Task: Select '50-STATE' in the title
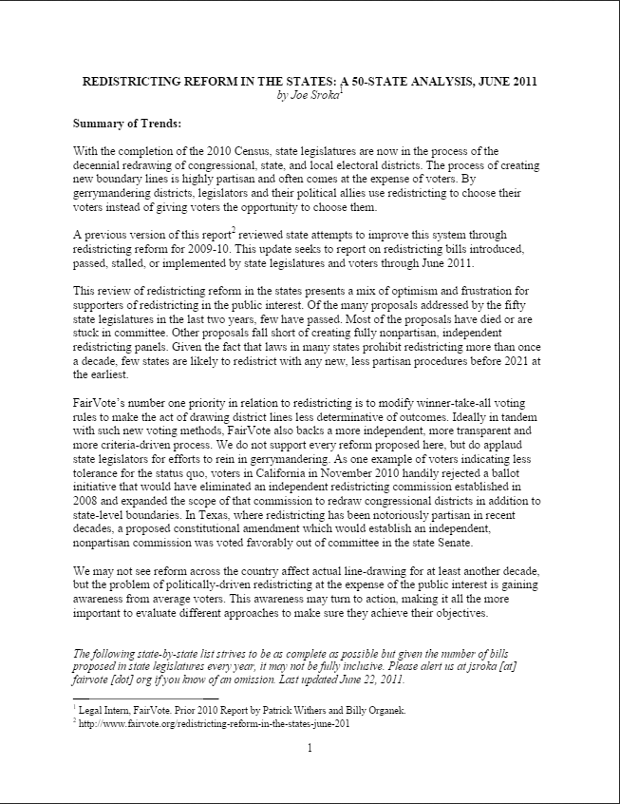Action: pos(401,82)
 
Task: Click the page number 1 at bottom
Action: pos(310,748)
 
